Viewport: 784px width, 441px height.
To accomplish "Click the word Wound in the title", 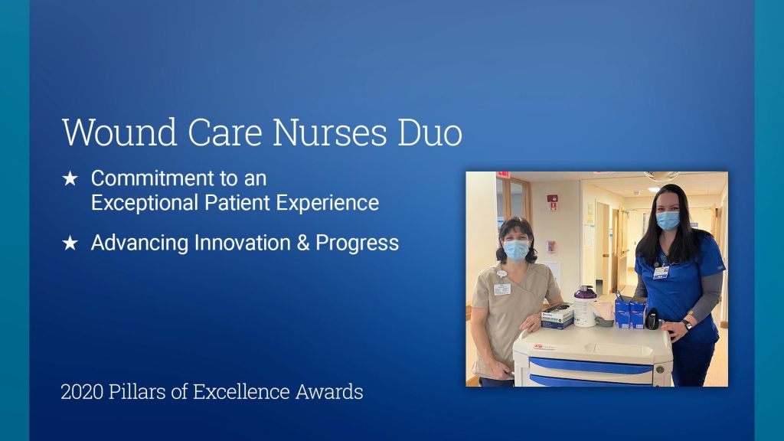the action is tap(119, 132).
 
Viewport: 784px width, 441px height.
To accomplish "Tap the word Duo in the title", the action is tap(430, 132).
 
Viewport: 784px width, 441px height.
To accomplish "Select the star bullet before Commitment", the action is tap(70, 178).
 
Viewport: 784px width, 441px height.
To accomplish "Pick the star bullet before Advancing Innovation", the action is tap(70, 243).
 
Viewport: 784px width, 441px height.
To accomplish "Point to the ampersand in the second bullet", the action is tap(303, 243).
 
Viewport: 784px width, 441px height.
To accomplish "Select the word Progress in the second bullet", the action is tap(357, 243).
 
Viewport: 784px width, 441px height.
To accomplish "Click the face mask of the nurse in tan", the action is tap(516, 250).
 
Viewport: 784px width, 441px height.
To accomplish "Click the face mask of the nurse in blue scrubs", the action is tap(668, 220).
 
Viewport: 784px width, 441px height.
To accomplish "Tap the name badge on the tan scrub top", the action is tap(502, 289).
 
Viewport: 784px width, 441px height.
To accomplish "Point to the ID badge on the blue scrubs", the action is tap(661, 273).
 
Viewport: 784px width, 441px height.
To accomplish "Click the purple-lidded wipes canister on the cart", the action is tap(584, 306).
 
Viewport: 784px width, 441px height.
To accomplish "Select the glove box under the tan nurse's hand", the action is tap(557, 316).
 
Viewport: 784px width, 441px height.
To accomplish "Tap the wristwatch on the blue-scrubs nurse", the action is tap(687, 324).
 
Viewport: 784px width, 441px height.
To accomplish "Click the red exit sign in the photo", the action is tap(503, 175).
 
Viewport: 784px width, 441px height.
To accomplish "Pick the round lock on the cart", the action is tap(659, 370).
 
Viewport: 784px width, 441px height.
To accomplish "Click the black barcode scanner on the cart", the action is tap(652, 318).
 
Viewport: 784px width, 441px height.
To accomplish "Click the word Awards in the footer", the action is tap(329, 392).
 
